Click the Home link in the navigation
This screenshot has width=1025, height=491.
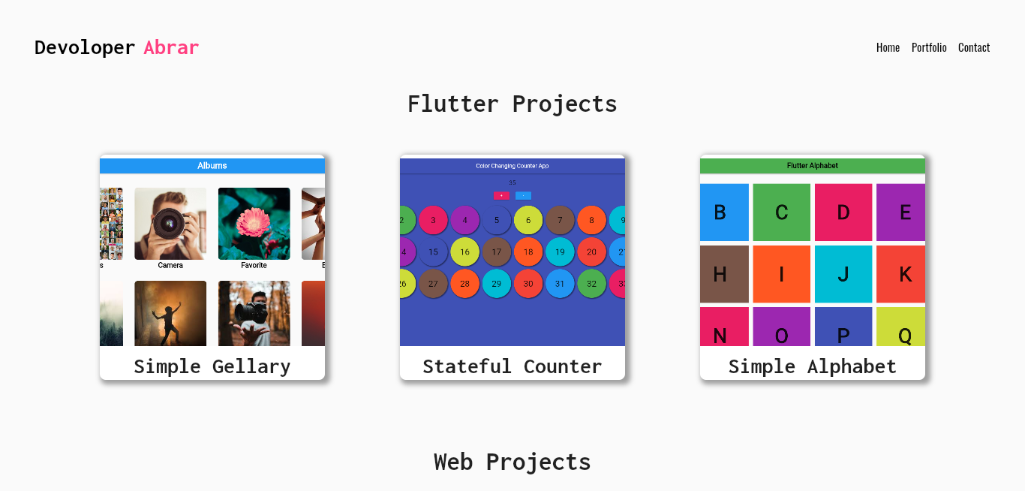[x=888, y=47]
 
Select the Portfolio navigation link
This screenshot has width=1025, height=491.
[x=929, y=47]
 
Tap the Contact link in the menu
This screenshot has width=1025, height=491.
[x=974, y=47]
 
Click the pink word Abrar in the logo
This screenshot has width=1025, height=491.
[x=171, y=47]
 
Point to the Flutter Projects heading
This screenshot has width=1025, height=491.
[x=512, y=104]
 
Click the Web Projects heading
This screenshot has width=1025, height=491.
[x=512, y=462]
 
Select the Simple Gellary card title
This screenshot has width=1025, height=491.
[x=212, y=366]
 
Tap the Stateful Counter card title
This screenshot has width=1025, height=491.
[x=512, y=366]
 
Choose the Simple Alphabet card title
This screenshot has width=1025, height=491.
[x=812, y=366]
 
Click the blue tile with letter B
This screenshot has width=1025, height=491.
[x=723, y=212]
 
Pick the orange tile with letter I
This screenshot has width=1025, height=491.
[x=781, y=274]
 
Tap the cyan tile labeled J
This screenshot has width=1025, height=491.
[x=843, y=274]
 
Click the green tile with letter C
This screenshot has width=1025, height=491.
[x=781, y=212]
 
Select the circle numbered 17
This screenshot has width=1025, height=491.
[x=497, y=252]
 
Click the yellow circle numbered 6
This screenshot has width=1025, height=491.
[x=528, y=220]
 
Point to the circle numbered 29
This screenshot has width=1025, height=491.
[x=497, y=284]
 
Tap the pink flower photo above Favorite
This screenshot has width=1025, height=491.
[x=254, y=224]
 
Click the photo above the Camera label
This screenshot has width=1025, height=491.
[x=170, y=224]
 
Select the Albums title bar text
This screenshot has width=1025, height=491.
[x=212, y=166]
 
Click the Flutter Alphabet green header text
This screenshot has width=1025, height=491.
[x=813, y=166]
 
